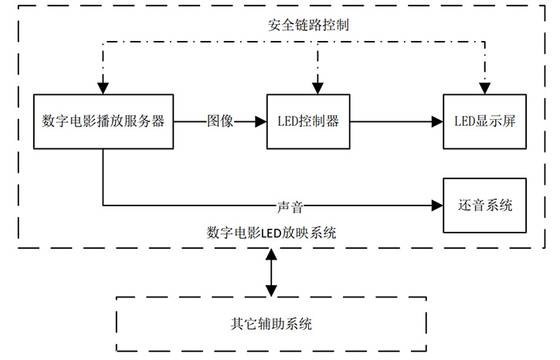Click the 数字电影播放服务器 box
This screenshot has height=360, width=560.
(104, 122)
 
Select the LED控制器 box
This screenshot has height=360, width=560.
(308, 122)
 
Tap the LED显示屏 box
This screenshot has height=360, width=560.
(485, 122)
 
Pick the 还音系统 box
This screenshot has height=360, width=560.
(485, 205)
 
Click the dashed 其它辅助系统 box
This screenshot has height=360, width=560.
(270, 324)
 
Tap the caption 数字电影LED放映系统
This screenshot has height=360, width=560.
(271, 232)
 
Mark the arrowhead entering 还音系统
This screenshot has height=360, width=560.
(436, 206)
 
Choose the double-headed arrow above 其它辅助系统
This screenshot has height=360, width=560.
(270, 273)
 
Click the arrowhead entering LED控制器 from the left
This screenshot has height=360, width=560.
(260, 122)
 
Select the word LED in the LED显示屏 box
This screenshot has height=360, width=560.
(464, 122)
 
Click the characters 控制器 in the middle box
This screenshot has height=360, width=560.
(323, 122)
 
